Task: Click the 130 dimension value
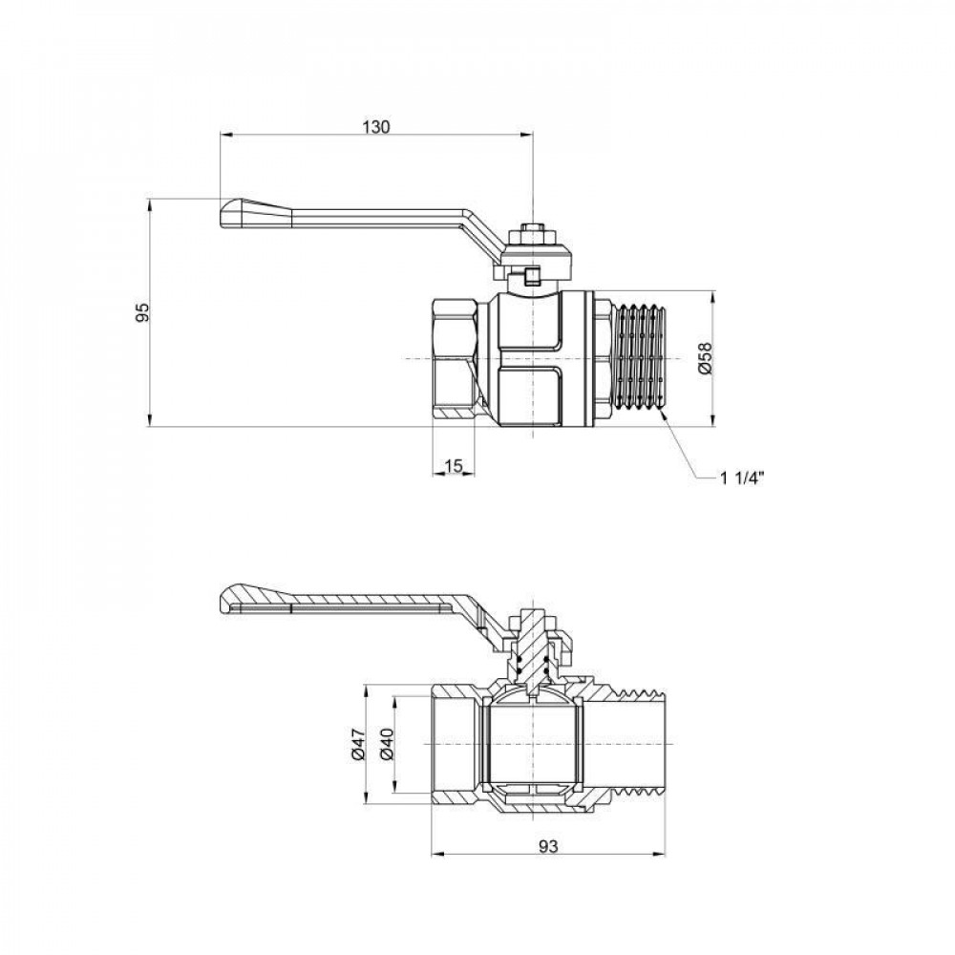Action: pyautogui.click(x=377, y=126)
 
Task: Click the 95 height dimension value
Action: pyautogui.click(x=142, y=312)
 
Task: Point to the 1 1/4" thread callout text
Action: pyautogui.click(x=744, y=477)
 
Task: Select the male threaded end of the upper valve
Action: pyautogui.click(x=637, y=358)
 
